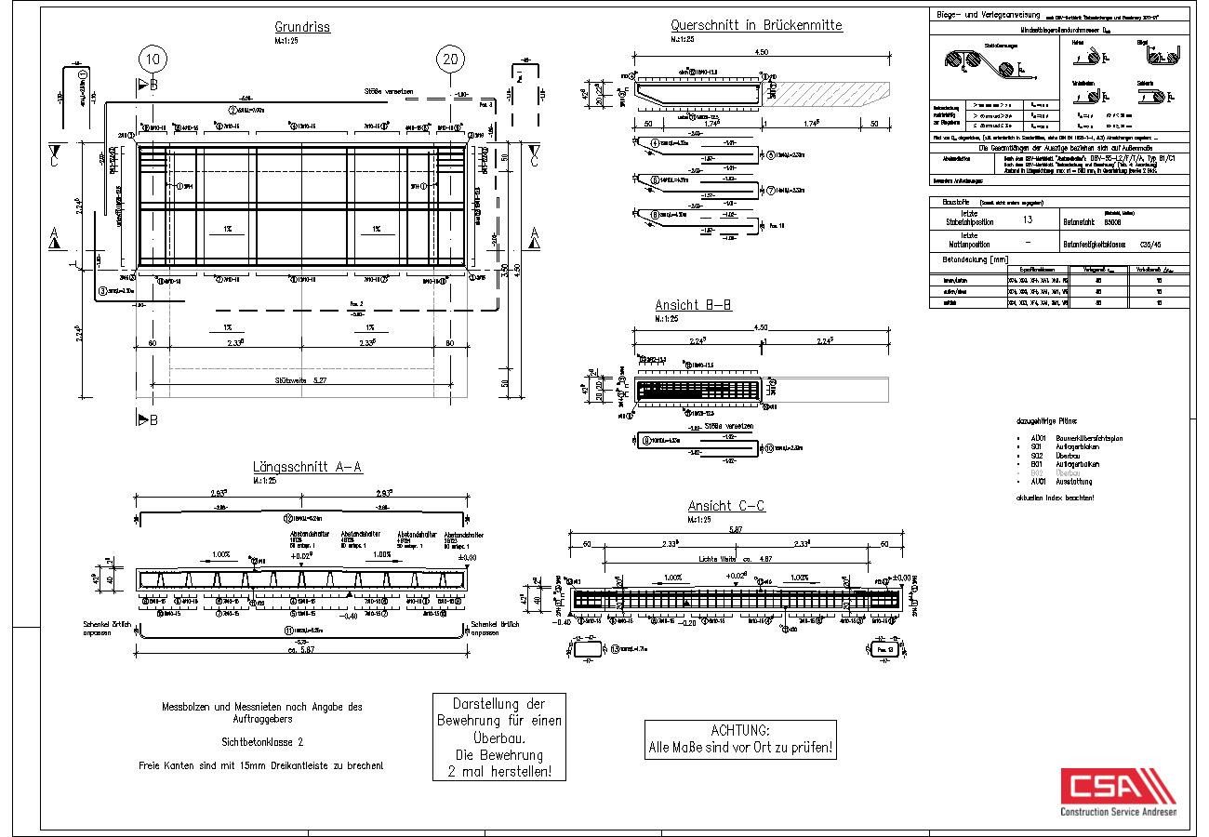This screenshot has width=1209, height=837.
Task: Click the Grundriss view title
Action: coord(302,27)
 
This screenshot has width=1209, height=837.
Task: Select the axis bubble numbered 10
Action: coord(153,60)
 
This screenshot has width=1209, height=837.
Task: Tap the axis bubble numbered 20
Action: coord(450,60)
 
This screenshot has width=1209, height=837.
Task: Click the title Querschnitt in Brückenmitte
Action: coord(756,25)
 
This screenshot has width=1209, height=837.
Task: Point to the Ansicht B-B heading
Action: coord(693,304)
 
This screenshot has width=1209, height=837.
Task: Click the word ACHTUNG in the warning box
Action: coord(740,730)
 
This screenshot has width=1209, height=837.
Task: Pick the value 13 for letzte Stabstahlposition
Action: coord(1027,220)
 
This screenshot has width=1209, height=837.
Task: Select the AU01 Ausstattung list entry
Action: coord(1055,482)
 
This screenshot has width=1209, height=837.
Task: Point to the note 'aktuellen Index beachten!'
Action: coord(1056,498)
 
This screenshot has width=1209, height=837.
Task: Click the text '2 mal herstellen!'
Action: coord(499,771)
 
